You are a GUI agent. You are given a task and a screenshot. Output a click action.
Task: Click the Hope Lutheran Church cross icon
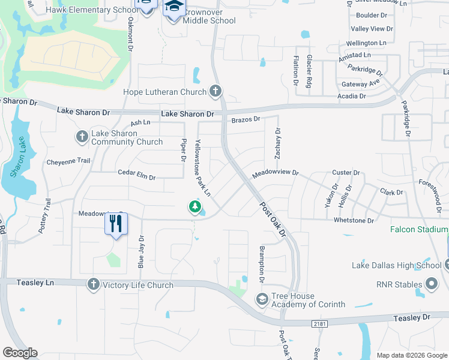coord(215,92)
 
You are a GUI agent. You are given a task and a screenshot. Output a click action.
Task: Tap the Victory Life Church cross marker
coord(93,284)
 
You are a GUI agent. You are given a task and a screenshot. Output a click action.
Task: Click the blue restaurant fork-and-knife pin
coord(116,224)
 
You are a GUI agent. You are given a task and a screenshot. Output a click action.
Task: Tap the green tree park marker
coord(194,207)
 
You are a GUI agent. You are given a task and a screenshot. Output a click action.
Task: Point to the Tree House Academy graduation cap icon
coord(262,298)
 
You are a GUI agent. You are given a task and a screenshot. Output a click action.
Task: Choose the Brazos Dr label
coord(246,119)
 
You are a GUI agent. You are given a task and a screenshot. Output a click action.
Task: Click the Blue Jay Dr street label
coord(142,251)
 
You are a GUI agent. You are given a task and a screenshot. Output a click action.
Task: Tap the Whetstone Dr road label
coord(354,221)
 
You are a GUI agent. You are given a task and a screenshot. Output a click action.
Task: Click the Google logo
coord(20,353)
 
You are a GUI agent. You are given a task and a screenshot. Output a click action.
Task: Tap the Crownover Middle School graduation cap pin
coord(174,8)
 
